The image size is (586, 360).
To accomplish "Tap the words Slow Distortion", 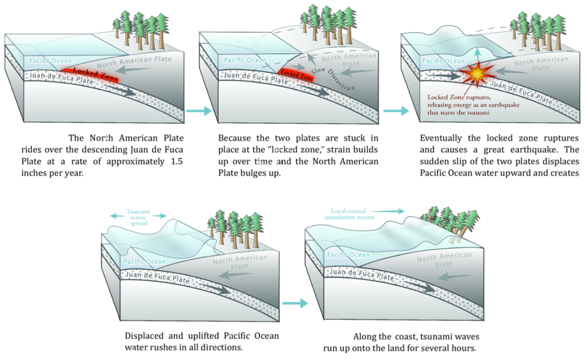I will click(337, 79).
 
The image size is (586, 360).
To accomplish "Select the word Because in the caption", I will click(233, 137).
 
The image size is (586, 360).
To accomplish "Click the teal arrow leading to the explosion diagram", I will click(396, 111).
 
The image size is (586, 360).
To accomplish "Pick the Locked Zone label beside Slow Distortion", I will click(297, 74).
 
